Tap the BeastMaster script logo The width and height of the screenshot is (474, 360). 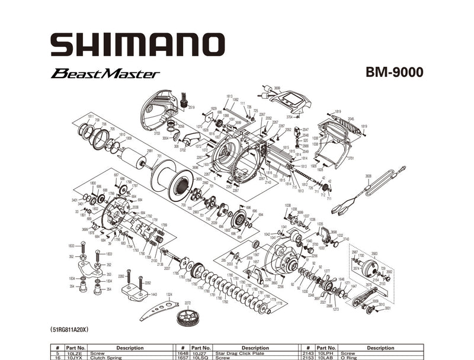[105, 74]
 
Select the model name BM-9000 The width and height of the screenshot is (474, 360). [394, 73]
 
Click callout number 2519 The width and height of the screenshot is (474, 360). [191, 107]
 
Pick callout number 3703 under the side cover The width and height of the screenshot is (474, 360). [157, 134]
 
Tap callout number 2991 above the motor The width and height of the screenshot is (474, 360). [150, 151]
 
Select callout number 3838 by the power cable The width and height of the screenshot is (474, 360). [368, 176]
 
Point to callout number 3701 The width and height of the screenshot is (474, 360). [351, 159]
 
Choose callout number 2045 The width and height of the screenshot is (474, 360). [351, 119]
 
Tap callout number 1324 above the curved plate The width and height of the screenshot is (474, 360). [169, 294]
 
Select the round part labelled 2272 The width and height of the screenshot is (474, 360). [187, 319]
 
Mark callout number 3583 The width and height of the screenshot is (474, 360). [374, 253]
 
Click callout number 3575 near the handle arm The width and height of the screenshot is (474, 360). [369, 285]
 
